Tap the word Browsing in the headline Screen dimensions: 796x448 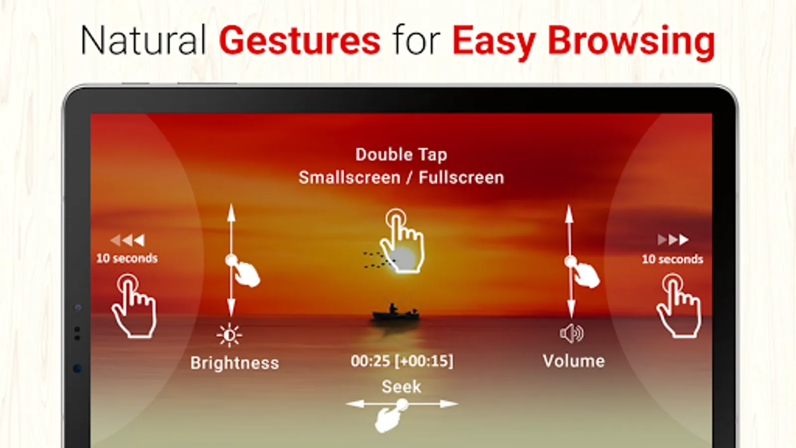631,43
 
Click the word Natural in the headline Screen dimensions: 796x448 143,40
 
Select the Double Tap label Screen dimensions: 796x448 401,155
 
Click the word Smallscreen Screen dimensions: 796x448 349,177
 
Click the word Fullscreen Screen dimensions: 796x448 461,177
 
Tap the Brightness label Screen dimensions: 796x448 234,363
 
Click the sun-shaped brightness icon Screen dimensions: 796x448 229,335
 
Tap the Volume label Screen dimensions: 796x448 574,361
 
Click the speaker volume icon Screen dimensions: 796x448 572,334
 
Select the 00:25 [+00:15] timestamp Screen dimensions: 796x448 402,361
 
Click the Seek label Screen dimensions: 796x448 401,386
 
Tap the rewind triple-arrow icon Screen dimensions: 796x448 127,240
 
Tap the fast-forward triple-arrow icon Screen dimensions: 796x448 673,240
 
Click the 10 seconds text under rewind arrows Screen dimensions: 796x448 127,258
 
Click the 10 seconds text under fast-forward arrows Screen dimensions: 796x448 672,259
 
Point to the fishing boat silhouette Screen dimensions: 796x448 396,313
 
